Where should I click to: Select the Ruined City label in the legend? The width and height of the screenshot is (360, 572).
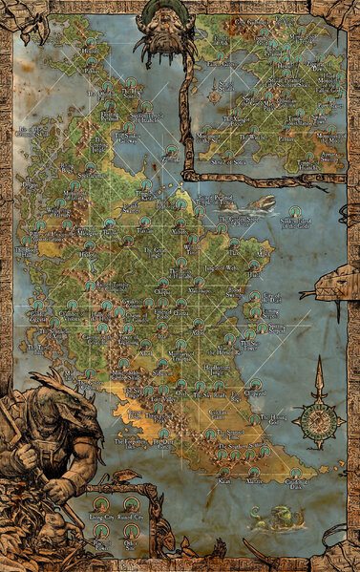[x=131, y=514]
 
